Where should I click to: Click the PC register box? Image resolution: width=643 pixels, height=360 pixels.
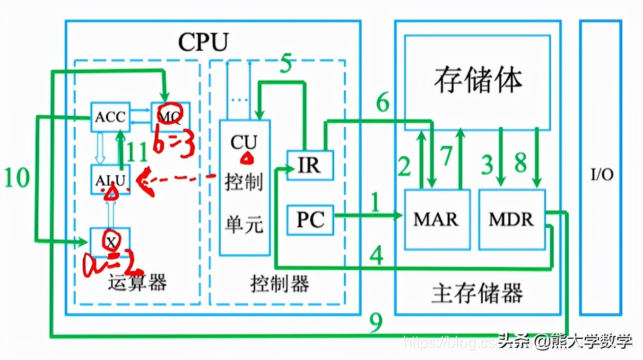tap(311, 220)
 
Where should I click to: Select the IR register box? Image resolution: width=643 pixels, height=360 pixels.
tap(310, 165)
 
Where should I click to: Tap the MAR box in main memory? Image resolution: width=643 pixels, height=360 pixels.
tap(437, 219)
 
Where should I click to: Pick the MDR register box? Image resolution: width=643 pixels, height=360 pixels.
tap(512, 219)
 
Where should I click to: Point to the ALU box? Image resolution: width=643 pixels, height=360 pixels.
tap(110, 180)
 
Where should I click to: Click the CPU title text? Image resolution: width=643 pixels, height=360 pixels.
tap(203, 43)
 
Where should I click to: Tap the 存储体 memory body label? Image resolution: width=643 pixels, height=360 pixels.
tap(478, 80)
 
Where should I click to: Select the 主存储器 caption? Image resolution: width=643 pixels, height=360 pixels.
tap(477, 293)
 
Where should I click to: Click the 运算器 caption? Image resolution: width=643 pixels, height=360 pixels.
tap(138, 283)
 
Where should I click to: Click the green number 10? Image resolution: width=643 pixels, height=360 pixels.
tap(17, 178)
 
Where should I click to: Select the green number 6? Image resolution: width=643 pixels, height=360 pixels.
tap(383, 102)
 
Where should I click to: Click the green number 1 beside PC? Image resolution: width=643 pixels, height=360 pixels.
tap(375, 203)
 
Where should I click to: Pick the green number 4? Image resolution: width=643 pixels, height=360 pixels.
tap(376, 256)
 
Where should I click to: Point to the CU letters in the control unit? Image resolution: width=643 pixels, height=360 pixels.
tap(244, 142)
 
